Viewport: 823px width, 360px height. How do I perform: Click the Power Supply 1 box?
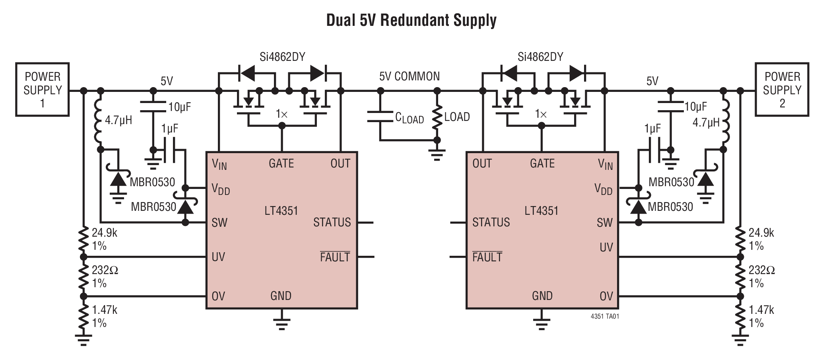(x=43, y=90)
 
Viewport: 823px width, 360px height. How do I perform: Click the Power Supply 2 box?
(x=782, y=90)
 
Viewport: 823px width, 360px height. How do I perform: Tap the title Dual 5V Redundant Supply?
(x=411, y=20)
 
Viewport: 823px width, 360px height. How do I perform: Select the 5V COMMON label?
(x=409, y=76)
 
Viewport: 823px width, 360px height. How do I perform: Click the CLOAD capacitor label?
(x=409, y=118)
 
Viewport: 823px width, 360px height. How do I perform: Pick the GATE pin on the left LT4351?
(x=281, y=163)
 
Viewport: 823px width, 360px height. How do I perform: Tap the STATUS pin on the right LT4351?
(x=491, y=222)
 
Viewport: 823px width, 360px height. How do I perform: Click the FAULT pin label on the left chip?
(x=335, y=257)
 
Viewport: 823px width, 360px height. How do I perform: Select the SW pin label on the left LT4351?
(x=219, y=222)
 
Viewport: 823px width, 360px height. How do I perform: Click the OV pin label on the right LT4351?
(x=606, y=296)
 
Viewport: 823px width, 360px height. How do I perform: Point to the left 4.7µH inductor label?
(x=118, y=120)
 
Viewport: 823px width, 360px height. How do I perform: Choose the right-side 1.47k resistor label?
(x=761, y=310)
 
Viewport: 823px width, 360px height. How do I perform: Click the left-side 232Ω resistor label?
(x=105, y=270)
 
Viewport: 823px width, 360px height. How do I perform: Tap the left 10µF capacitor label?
(x=180, y=107)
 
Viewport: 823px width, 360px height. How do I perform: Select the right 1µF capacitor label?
(x=652, y=128)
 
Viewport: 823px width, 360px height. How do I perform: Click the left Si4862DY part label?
(x=282, y=57)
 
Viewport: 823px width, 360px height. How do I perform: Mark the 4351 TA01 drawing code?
(x=605, y=317)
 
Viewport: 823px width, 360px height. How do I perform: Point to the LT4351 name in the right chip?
(x=541, y=210)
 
